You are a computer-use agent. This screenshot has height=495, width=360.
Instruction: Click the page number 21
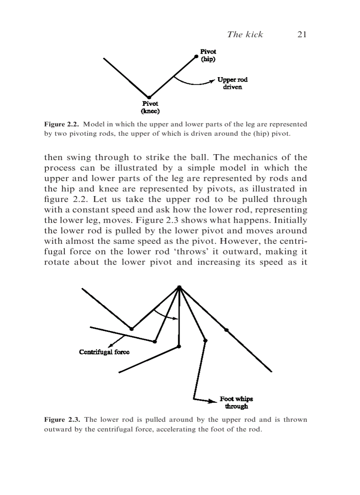(302, 34)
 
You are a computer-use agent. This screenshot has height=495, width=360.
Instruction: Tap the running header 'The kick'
(245, 34)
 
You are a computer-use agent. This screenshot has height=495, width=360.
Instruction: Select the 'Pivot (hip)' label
(208, 55)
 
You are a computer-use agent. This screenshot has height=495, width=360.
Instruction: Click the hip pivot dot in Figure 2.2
(195, 56)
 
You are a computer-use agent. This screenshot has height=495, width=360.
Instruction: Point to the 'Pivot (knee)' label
(150, 107)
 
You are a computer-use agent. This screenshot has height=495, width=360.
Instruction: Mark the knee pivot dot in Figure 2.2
(149, 97)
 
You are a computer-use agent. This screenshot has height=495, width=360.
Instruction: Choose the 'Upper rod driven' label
(232, 83)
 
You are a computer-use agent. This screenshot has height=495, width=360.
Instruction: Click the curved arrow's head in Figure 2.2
(213, 81)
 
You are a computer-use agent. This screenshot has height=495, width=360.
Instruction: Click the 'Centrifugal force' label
(104, 352)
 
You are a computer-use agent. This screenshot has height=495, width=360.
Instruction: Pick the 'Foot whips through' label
(236, 402)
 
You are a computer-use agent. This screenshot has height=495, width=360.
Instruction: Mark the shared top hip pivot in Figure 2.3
(179, 287)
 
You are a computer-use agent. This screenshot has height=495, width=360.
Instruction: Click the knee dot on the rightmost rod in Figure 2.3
(226, 330)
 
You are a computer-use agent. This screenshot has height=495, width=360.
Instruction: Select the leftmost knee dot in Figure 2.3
(131, 328)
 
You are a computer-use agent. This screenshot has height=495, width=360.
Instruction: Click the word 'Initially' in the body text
(288, 220)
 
